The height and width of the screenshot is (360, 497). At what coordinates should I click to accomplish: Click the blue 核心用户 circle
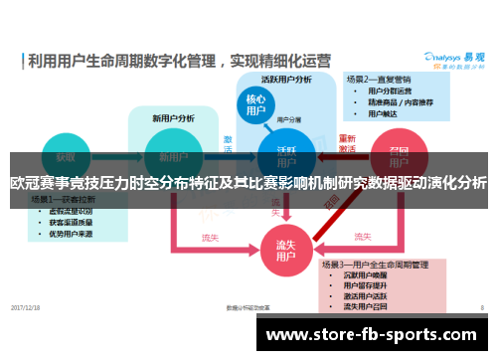click(x=255, y=107)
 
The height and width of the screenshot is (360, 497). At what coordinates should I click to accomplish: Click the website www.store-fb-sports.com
click(x=375, y=333)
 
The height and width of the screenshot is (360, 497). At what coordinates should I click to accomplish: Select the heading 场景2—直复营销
click(x=379, y=79)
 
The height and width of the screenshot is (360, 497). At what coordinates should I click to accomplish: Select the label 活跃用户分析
click(x=286, y=79)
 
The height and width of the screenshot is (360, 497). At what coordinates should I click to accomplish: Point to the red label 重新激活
click(x=347, y=144)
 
